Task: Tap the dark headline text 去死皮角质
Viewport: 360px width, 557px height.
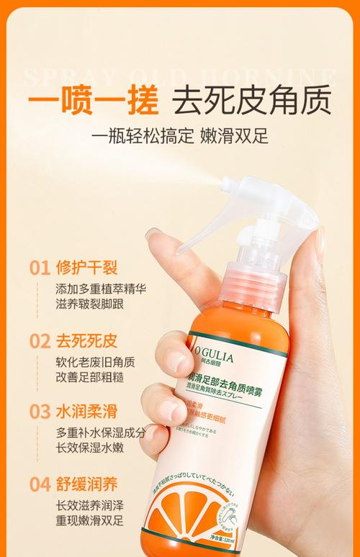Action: [x=249, y=101]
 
